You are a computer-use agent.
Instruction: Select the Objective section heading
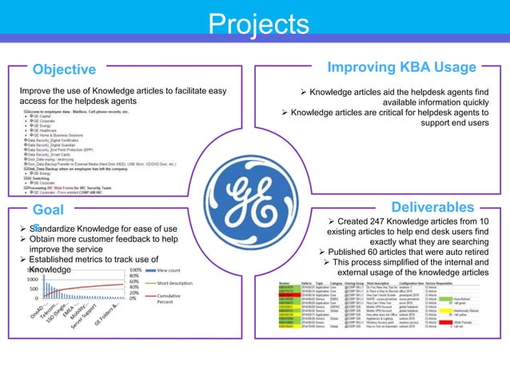(x=66, y=70)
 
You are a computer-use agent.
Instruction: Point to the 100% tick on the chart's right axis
(x=136, y=271)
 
